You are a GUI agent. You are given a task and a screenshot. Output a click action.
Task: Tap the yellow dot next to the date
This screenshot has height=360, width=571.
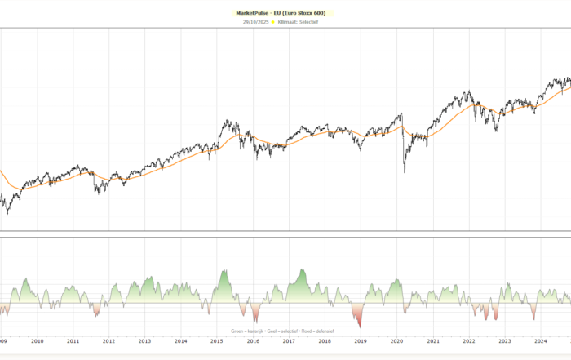(272, 22)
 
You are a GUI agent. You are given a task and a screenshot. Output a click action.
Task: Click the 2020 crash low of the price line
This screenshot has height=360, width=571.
(405, 171)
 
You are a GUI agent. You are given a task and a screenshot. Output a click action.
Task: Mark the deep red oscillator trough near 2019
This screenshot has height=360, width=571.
(360, 326)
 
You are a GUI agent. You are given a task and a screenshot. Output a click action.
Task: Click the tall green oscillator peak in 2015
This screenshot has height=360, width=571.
(224, 270)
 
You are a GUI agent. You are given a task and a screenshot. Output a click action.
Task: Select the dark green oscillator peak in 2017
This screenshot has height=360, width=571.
(303, 269)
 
